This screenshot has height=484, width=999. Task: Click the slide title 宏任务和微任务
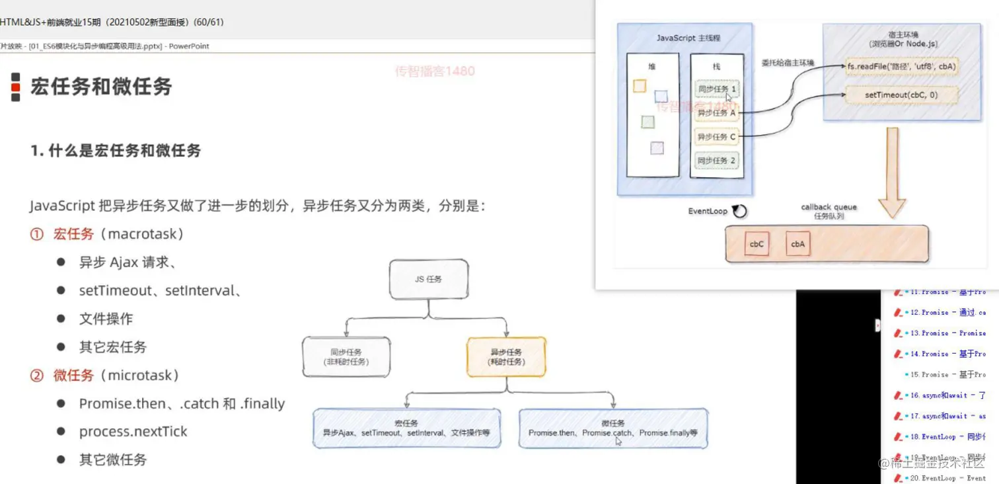[101, 87]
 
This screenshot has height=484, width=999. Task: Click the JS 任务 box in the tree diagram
[429, 279]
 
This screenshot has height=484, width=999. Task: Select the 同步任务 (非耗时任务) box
[346, 357]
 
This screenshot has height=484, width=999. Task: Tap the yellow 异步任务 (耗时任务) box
[506, 357]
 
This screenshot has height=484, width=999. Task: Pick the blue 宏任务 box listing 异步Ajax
[406, 428]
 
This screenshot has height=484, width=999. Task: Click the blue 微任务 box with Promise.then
[613, 428]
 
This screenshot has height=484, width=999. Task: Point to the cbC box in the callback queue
[757, 244]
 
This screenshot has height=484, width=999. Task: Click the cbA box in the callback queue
[797, 244]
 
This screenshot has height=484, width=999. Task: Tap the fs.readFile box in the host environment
[902, 67]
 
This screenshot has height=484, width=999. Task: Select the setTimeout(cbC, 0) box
[902, 95]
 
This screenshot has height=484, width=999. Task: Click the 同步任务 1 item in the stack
[717, 89]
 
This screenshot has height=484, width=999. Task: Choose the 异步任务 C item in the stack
[717, 137]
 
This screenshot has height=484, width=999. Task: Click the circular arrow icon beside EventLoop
[740, 212]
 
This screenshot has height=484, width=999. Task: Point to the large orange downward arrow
[892, 172]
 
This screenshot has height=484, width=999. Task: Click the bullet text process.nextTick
[133, 432]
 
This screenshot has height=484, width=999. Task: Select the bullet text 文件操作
[106, 319]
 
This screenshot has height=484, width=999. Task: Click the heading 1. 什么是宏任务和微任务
[116, 151]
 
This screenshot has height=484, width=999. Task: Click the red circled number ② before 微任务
[37, 376]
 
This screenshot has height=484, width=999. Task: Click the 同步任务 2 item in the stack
[717, 161]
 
